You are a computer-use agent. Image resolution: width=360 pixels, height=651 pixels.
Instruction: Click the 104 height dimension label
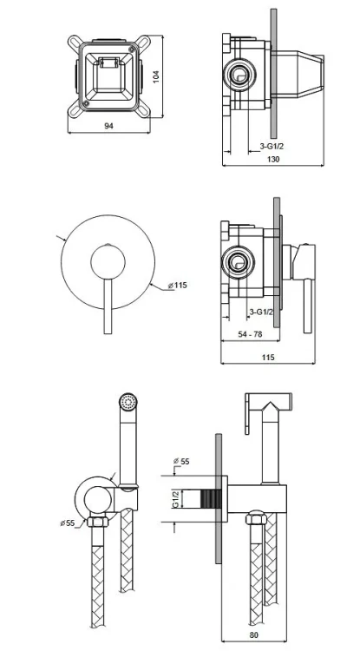click(156, 76)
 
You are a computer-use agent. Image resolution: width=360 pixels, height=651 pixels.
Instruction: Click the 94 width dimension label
click(108, 126)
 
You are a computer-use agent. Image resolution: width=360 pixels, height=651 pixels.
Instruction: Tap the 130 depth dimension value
click(273, 159)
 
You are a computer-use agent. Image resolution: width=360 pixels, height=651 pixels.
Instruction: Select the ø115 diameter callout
click(178, 286)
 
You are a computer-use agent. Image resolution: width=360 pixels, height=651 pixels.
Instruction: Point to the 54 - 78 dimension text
click(250, 334)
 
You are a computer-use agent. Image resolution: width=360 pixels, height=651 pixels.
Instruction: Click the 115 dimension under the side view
click(268, 357)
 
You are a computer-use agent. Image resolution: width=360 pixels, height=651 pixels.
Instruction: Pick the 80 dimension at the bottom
click(254, 635)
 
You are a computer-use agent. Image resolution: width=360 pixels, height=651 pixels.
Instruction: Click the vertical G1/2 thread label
click(175, 498)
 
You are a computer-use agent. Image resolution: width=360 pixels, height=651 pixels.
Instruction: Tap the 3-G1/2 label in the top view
click(272, 146)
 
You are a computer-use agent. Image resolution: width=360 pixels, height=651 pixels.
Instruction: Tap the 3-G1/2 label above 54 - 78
click(261, 312)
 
